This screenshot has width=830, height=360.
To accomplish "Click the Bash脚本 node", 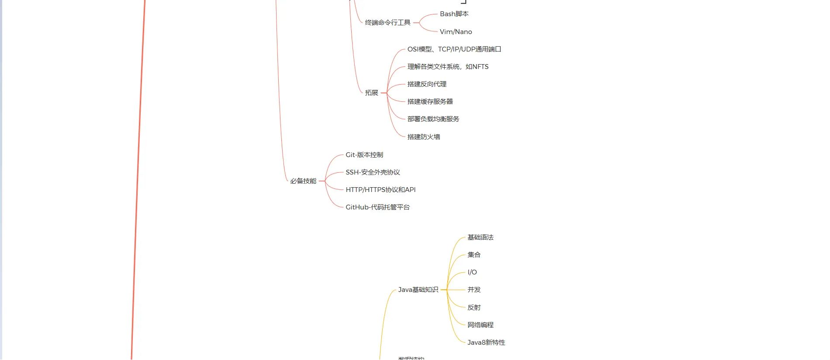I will click(454, 14).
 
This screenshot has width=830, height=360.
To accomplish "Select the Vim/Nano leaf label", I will click(456, 32).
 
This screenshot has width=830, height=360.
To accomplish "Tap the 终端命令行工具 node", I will click(387, 23).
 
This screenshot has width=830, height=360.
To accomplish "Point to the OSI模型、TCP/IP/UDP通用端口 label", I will click(454, 49).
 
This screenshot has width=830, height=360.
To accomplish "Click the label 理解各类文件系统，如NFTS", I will click(448, 67).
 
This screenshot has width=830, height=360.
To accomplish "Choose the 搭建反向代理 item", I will click(427, 84).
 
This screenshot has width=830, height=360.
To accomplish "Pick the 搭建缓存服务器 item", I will click(430, 102).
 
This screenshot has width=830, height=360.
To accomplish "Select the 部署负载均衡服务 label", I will click(433, 119).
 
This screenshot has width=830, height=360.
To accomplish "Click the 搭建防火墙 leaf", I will click(423, 137).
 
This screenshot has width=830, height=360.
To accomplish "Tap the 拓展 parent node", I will click(371, 93).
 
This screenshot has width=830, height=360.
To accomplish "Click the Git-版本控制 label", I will click(364, 155).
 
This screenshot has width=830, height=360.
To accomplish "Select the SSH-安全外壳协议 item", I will click(373, 172).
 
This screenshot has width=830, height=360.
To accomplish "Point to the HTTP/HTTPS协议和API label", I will click(380, 190).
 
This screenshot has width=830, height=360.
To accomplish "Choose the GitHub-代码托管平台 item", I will click(377, 207).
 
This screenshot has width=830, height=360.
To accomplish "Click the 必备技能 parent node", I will click(303, 181).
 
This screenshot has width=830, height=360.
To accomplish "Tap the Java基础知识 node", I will click(418, 290).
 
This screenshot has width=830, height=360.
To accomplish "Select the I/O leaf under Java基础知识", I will click(472, 272).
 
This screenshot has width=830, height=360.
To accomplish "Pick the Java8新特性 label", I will click(486, 343).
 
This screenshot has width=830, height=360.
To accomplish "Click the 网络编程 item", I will click(480, 325).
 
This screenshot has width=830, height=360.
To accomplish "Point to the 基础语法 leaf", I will click(480, 237).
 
